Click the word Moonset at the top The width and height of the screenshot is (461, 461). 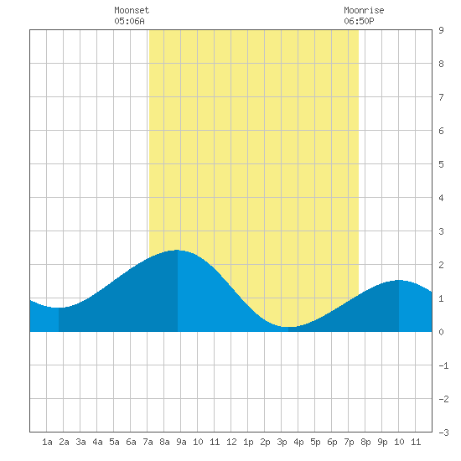point(132,10)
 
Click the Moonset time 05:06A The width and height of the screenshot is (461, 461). point(129,21)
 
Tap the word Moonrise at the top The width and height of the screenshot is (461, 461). point(364,10)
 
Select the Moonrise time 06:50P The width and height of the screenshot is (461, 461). point(359,21)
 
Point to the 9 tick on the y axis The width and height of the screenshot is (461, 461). point(441,30)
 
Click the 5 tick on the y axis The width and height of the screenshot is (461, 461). point(441,164)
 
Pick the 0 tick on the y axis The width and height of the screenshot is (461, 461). point(441,332)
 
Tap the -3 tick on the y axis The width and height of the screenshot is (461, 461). point(443,433)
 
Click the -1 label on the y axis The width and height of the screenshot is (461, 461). point(443,365)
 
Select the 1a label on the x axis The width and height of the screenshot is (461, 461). point(47,442)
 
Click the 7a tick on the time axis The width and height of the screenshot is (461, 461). point(148,442)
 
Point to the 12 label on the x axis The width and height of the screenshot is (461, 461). point(231,442)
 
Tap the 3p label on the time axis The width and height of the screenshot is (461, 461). point(282,442)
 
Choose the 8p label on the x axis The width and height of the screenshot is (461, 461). point(365,442)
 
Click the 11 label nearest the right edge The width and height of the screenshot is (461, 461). point(416,442)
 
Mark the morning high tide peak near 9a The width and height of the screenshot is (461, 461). point(178,251)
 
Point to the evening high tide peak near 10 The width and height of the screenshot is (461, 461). point(399,280)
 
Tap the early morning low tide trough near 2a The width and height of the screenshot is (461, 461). point(59,308)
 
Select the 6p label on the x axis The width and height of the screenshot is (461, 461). point(332,442)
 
